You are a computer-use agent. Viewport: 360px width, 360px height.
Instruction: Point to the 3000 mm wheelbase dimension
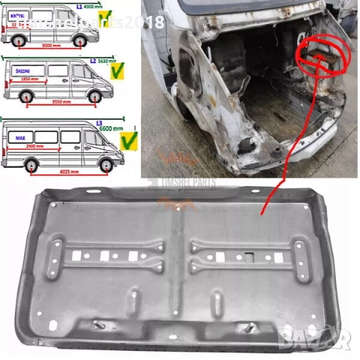[x=49, y=45]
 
